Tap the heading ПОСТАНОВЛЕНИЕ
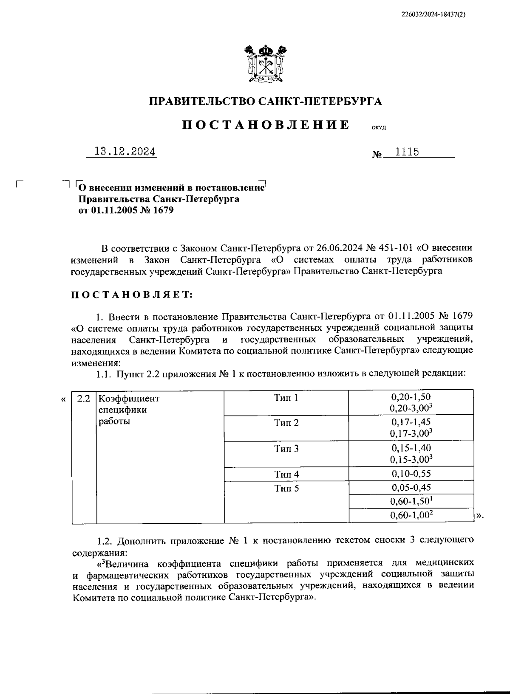click(266, 125)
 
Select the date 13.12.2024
click(125, 152)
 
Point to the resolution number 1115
click(407, 152)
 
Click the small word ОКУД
click(378, 128)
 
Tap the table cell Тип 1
click(286, 398)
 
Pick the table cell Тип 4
click(286, 474)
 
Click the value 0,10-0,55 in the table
click(411, 473)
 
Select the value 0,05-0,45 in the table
click(411, 487)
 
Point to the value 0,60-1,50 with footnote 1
click(411, 501)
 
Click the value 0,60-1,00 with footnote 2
click(411, 515)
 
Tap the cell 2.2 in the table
click(84, 399)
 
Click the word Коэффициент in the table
click(129, 399)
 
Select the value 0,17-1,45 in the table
click(411, 422)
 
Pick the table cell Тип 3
click(286, 449)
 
